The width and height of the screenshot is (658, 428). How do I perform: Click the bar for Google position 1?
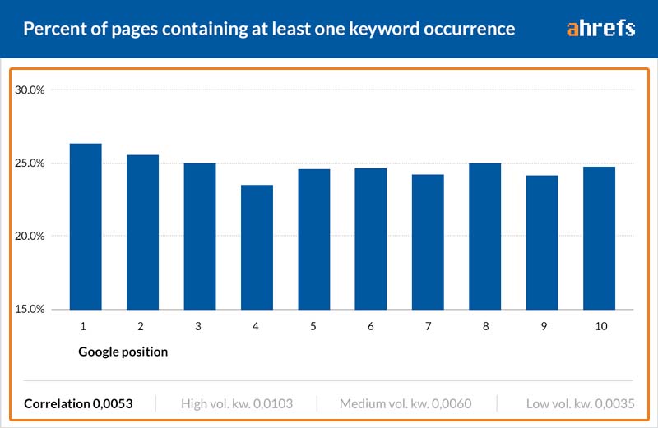(86, 227)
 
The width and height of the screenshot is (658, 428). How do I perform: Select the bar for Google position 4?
(257, 247)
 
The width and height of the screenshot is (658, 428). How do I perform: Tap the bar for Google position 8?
(484, 237)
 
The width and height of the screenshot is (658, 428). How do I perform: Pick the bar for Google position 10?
(600, 238)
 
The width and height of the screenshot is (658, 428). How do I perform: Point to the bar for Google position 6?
(371, 239)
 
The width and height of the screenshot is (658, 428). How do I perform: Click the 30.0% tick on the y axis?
(30, 90)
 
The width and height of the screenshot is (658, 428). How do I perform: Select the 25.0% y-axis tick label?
(30, 163)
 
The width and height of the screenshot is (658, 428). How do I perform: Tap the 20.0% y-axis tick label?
(30, 236)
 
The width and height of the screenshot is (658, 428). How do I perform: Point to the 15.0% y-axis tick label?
(30, 310)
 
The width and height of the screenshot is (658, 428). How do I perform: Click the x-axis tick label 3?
(198, 326)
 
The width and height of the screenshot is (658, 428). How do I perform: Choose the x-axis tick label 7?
(428, 326)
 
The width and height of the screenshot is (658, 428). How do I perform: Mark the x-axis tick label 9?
(544, 326)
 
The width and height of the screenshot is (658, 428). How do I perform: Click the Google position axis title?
(123, 352)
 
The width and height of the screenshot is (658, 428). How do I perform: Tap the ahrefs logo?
(600, 29)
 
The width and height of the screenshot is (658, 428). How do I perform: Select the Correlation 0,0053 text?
(78, 403)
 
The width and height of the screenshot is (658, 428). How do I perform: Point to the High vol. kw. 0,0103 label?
(237, 403)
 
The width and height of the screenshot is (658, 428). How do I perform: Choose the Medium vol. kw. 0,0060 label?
(405, 403)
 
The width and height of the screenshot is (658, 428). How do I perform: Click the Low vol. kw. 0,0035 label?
(581, 403)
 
